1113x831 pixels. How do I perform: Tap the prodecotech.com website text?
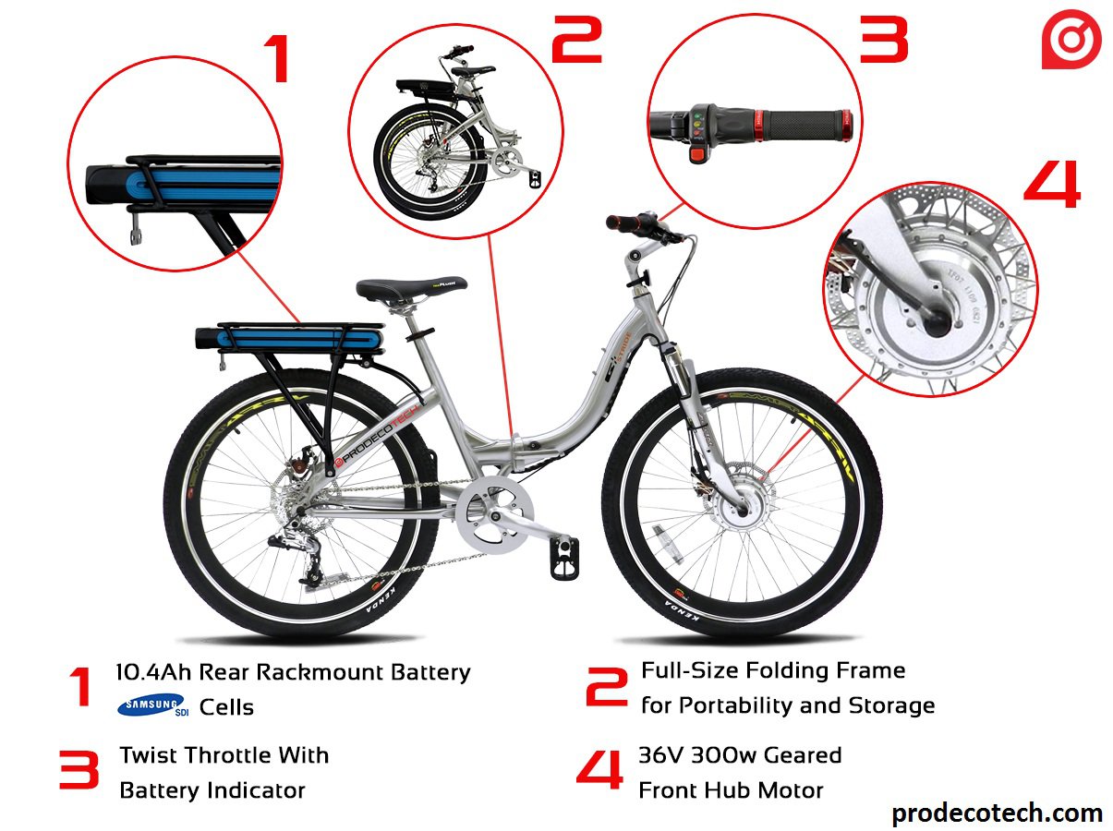(x=997, y=813)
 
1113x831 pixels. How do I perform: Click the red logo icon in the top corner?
(x=1071, y=42)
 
